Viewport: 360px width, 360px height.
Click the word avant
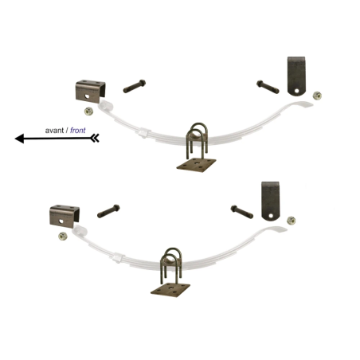click(x=54, y=131)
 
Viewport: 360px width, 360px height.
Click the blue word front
click(x=78, y=130)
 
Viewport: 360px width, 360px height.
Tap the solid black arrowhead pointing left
click(x=20, y=139)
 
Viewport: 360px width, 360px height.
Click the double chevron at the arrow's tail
click(x=95, y=138)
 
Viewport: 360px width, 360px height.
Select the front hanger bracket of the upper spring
click(x=90, y=92)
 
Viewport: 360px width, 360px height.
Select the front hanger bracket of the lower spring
click(x=65, y=216)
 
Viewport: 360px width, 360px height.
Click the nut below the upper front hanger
click(x=88, y=112)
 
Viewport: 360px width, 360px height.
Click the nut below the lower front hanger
click(x=63, y=236)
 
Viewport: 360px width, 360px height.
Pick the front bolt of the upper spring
click(x=135, y=86)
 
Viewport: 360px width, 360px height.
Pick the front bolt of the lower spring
click(x=108, y=211)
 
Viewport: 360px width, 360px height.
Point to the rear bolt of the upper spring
click(x=268, y=87)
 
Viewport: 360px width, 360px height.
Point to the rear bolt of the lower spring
click(x=242, y=212)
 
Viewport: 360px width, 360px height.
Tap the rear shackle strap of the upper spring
click(x=296, y=76)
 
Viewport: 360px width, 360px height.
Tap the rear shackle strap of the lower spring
click(x=271, y=201)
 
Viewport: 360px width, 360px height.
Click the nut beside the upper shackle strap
click(x=317, y=96)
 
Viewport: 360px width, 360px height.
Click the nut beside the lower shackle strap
click(x=292, y=221)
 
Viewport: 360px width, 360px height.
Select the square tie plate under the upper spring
click(x=196, y=165)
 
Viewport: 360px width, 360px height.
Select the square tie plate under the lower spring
click(x=170, y=290)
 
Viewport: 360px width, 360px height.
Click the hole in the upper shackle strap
click(x=296, y=91)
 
